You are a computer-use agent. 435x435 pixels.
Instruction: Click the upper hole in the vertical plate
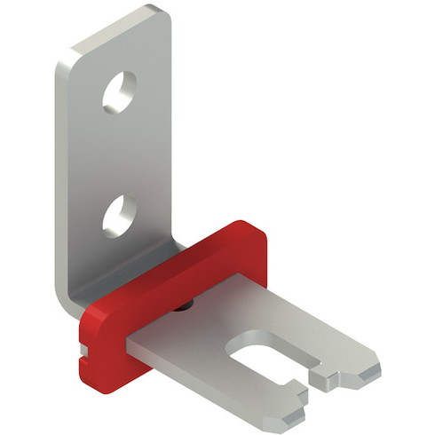(119, 92)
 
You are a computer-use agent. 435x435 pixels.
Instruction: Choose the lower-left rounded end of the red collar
(92, 364)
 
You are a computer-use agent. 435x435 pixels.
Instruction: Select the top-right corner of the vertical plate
(162, 14)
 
